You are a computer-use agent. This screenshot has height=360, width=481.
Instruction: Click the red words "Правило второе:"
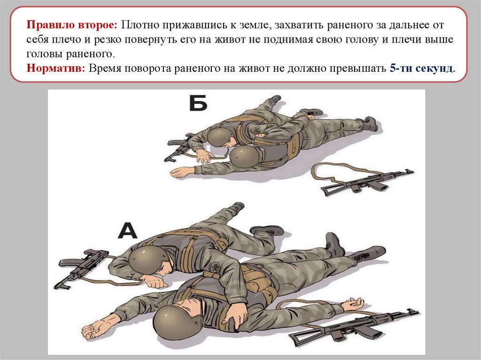pyautogui.click(x=72, y=25)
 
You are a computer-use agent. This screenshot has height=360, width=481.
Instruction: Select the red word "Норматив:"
pyautogui.click(x=56, y=68)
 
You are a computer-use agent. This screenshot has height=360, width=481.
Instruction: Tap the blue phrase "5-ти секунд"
pyautogui.click(x=421, y=68)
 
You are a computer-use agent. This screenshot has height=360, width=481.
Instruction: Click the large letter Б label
pyautogui.click(x=198, y=103)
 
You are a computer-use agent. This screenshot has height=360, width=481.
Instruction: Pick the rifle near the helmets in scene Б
pyautogui.click(x=179, y=147)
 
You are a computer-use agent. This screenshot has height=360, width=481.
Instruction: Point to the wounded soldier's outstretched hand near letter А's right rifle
pyautogui.click(x=353, y=304)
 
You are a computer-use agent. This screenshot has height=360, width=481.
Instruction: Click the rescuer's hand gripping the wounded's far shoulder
pyautogui.click(x=235, y=316)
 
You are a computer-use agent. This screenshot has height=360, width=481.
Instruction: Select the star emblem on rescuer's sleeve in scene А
pyautogui.click(x=215, y=267)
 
